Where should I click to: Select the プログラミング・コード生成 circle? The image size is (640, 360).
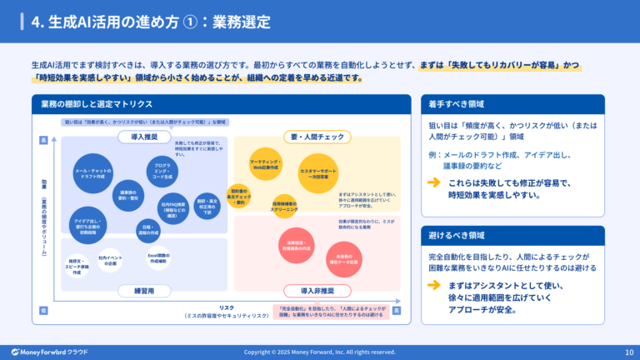point(163,170)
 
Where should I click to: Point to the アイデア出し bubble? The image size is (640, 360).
point(88,225)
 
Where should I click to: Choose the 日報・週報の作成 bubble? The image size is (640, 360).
point(147,228)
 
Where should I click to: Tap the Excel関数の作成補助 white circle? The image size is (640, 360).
point(159,259)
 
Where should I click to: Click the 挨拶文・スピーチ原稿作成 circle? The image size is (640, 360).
point(77,267)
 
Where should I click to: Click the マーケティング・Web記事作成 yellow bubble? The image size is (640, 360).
point(267,162)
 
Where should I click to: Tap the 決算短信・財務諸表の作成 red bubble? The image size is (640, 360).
point(294,245)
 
